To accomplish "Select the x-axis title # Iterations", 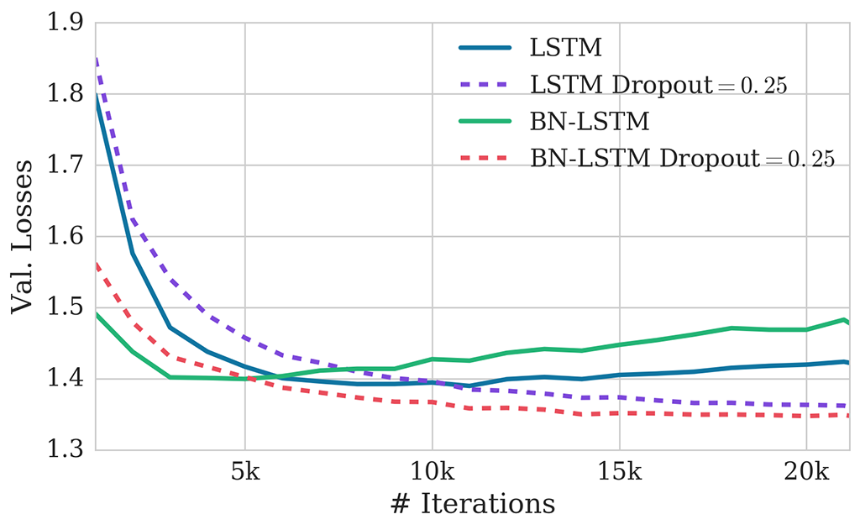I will (472, 504).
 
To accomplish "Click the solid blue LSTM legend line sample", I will (485, 48).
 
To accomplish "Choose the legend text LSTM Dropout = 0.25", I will (658, 85).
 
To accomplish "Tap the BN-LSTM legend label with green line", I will (589, 122).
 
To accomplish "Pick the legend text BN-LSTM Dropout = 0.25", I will (682, 159).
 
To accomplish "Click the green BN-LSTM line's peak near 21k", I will (842, 319).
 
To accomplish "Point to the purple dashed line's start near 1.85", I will (96, 59).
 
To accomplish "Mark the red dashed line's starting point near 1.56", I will (96, 264).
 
